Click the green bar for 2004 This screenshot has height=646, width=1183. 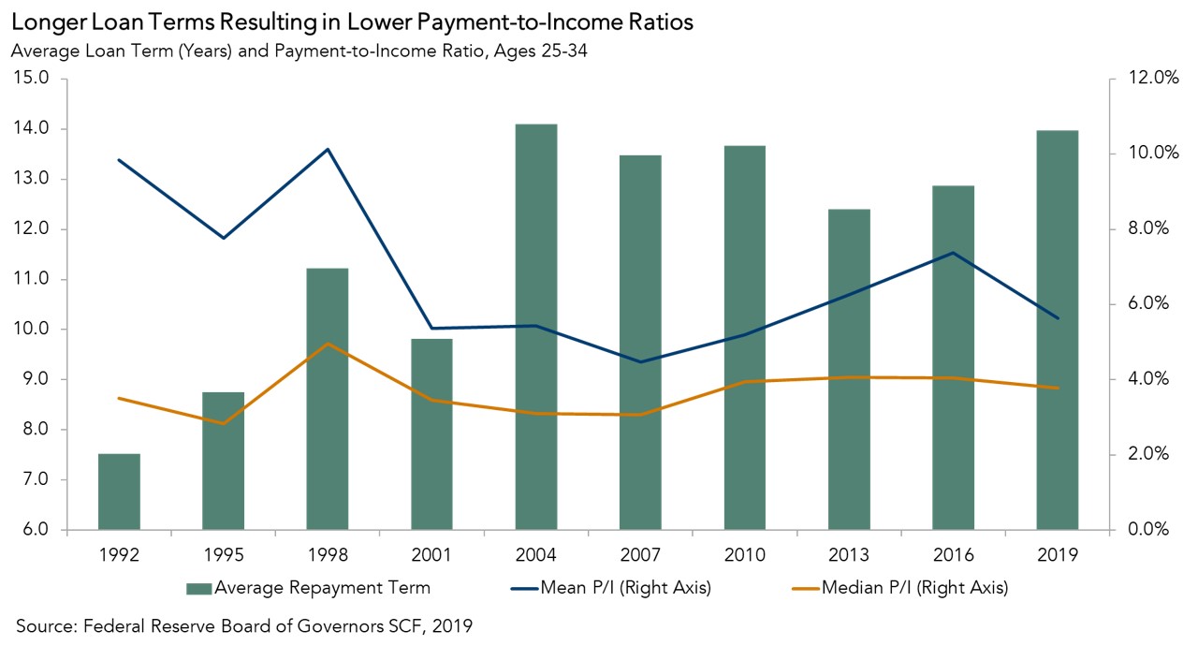click(536, 328)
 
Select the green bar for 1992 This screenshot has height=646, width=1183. click(119, 492)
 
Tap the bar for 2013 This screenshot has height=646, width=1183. click(849, 370)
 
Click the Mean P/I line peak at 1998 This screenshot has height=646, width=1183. click(328, 149)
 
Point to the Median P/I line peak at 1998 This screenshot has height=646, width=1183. click(328, 344)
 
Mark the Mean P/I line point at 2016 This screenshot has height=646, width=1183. click(953, 253)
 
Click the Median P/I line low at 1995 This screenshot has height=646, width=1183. click(224, 423)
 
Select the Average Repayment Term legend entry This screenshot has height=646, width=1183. click(309, 588)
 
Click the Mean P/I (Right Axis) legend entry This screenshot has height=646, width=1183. click(619, 588)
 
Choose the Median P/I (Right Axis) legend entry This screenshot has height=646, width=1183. click(904, 588)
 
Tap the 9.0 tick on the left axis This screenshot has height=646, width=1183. click(36, 379)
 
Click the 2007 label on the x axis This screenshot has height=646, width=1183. click(640, 554)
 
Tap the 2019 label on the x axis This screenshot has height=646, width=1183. click(1058, 554)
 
